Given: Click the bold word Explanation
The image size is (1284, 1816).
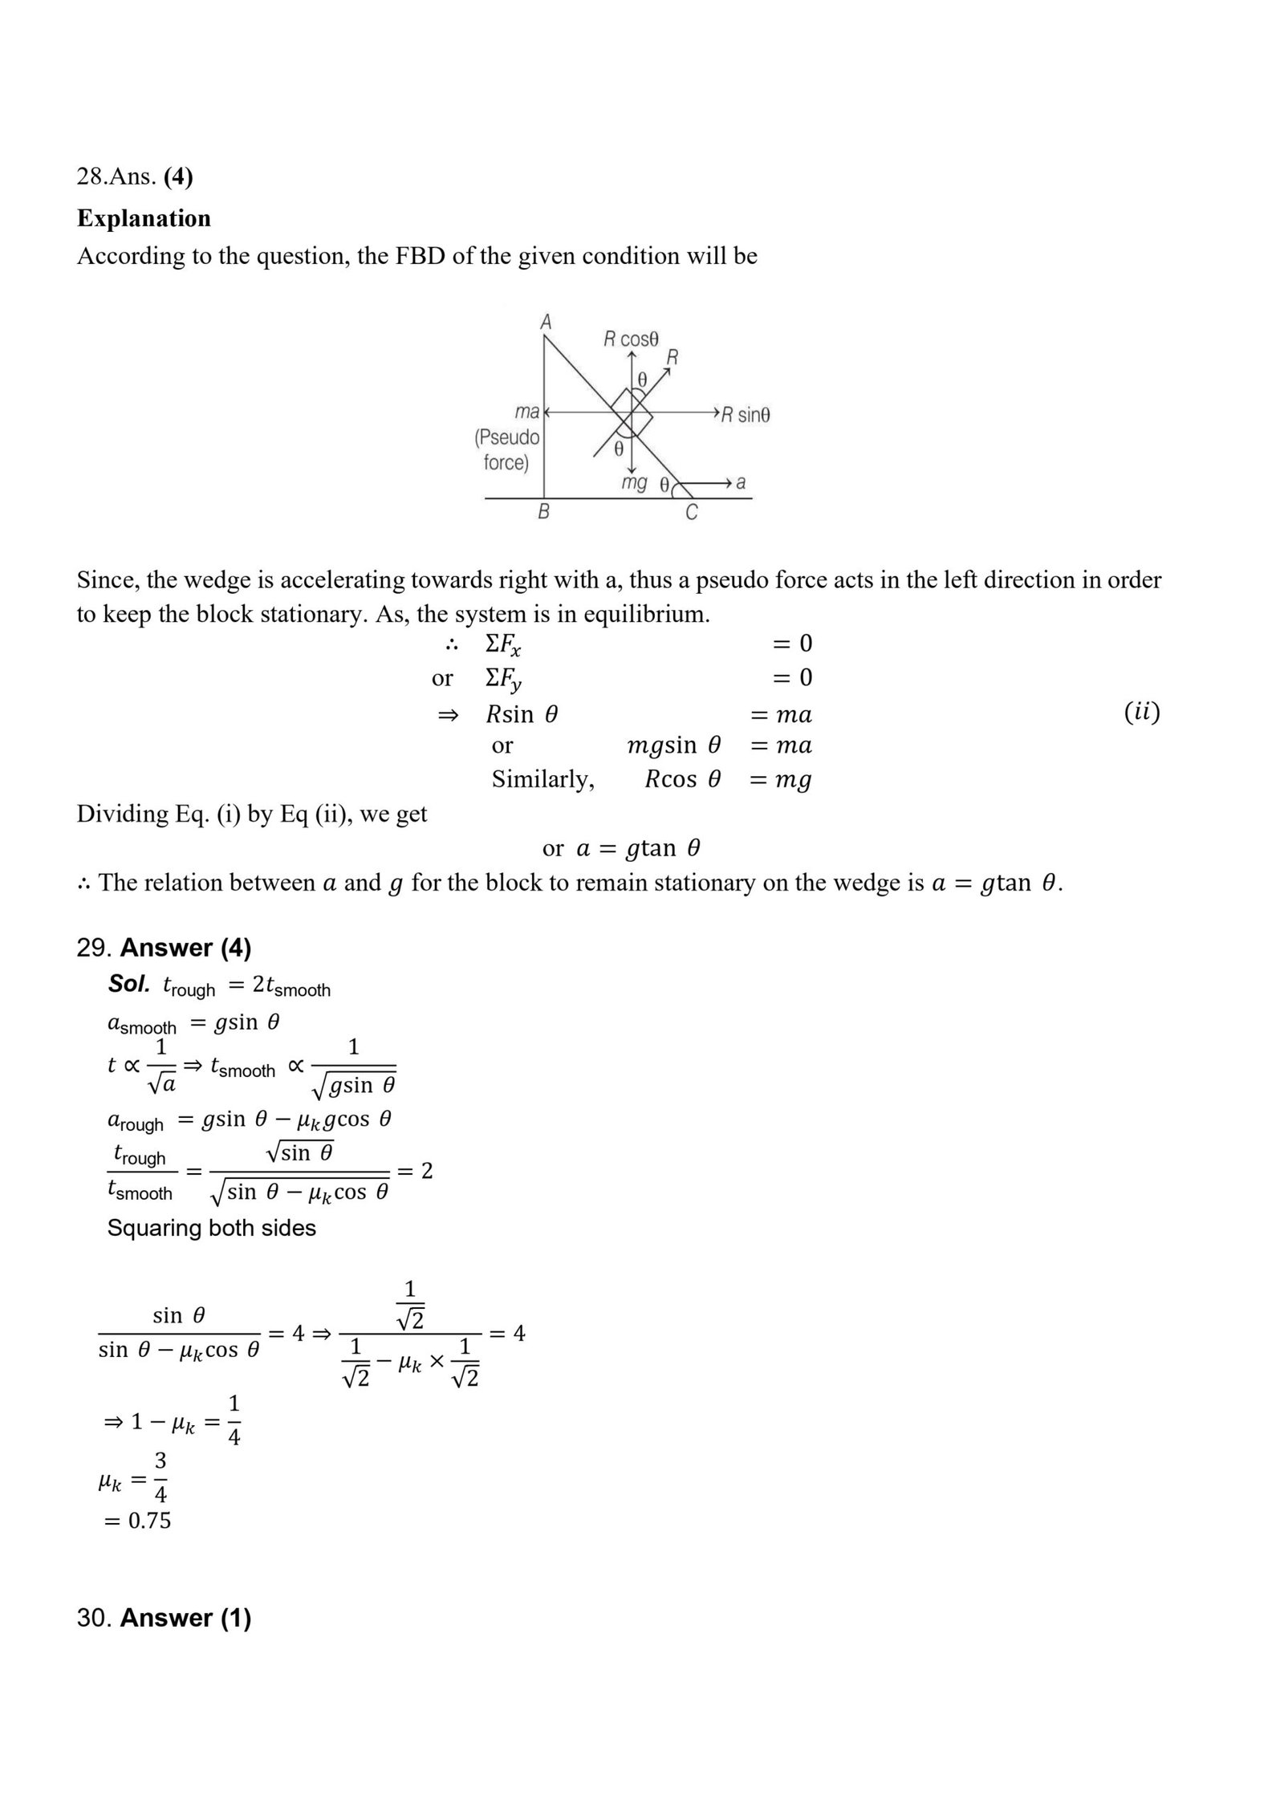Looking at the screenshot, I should (144, 218).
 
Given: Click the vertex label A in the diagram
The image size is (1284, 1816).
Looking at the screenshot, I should (546, 323).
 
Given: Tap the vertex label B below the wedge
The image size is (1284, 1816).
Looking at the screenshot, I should (543, 512).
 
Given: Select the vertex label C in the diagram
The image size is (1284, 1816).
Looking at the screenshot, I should (692, 513).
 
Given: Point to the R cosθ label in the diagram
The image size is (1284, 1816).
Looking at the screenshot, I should (631, 339).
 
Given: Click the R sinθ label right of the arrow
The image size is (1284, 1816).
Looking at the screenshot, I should (745, 415).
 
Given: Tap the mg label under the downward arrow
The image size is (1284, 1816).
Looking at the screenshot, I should (634, 483).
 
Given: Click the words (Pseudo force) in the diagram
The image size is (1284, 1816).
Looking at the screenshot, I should (506, 450).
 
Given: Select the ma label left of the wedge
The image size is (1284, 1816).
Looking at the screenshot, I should (527, 412).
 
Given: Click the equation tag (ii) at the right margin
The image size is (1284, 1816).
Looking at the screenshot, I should (1141, 712).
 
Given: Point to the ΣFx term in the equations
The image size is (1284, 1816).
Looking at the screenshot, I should (503, 644).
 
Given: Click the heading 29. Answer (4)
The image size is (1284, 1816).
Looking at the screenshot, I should (164, 948).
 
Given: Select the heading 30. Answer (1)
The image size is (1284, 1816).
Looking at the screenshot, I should (164, 1618).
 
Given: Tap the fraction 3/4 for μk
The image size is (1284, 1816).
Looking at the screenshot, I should (160, 1479).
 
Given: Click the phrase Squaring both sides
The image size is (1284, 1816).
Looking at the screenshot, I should (212, 1228).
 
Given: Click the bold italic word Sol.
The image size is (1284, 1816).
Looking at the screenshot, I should (129, 985).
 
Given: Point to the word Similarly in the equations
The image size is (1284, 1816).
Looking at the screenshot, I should (542, 779).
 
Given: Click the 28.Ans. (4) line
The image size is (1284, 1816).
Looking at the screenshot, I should (135, 177).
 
